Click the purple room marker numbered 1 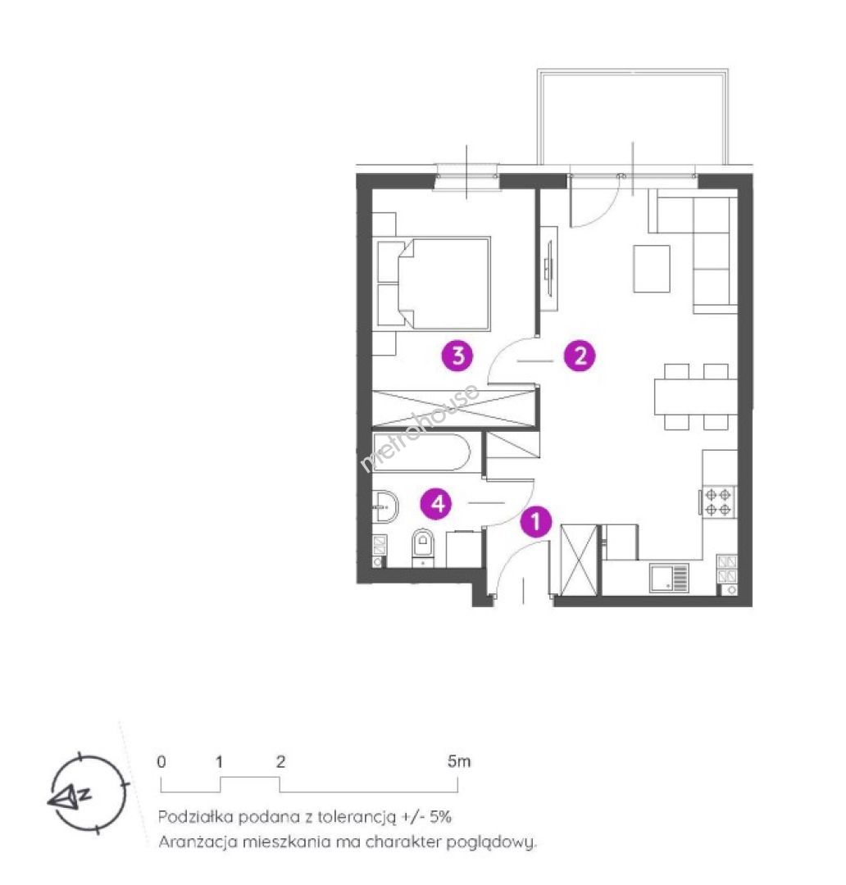click(535, 521)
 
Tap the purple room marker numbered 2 click(580, 356)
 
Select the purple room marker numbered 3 click(457, 356)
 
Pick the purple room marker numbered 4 click(439, 503)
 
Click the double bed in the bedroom click(433, 284)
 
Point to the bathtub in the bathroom click(421, 452)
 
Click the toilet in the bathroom click(422, 547)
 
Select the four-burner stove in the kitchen click(718, 501)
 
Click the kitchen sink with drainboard click(669, 578)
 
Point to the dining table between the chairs click(696, 397)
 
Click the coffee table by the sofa click(652, 269)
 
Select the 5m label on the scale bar click(458, 761)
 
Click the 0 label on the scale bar click(161, 762)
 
